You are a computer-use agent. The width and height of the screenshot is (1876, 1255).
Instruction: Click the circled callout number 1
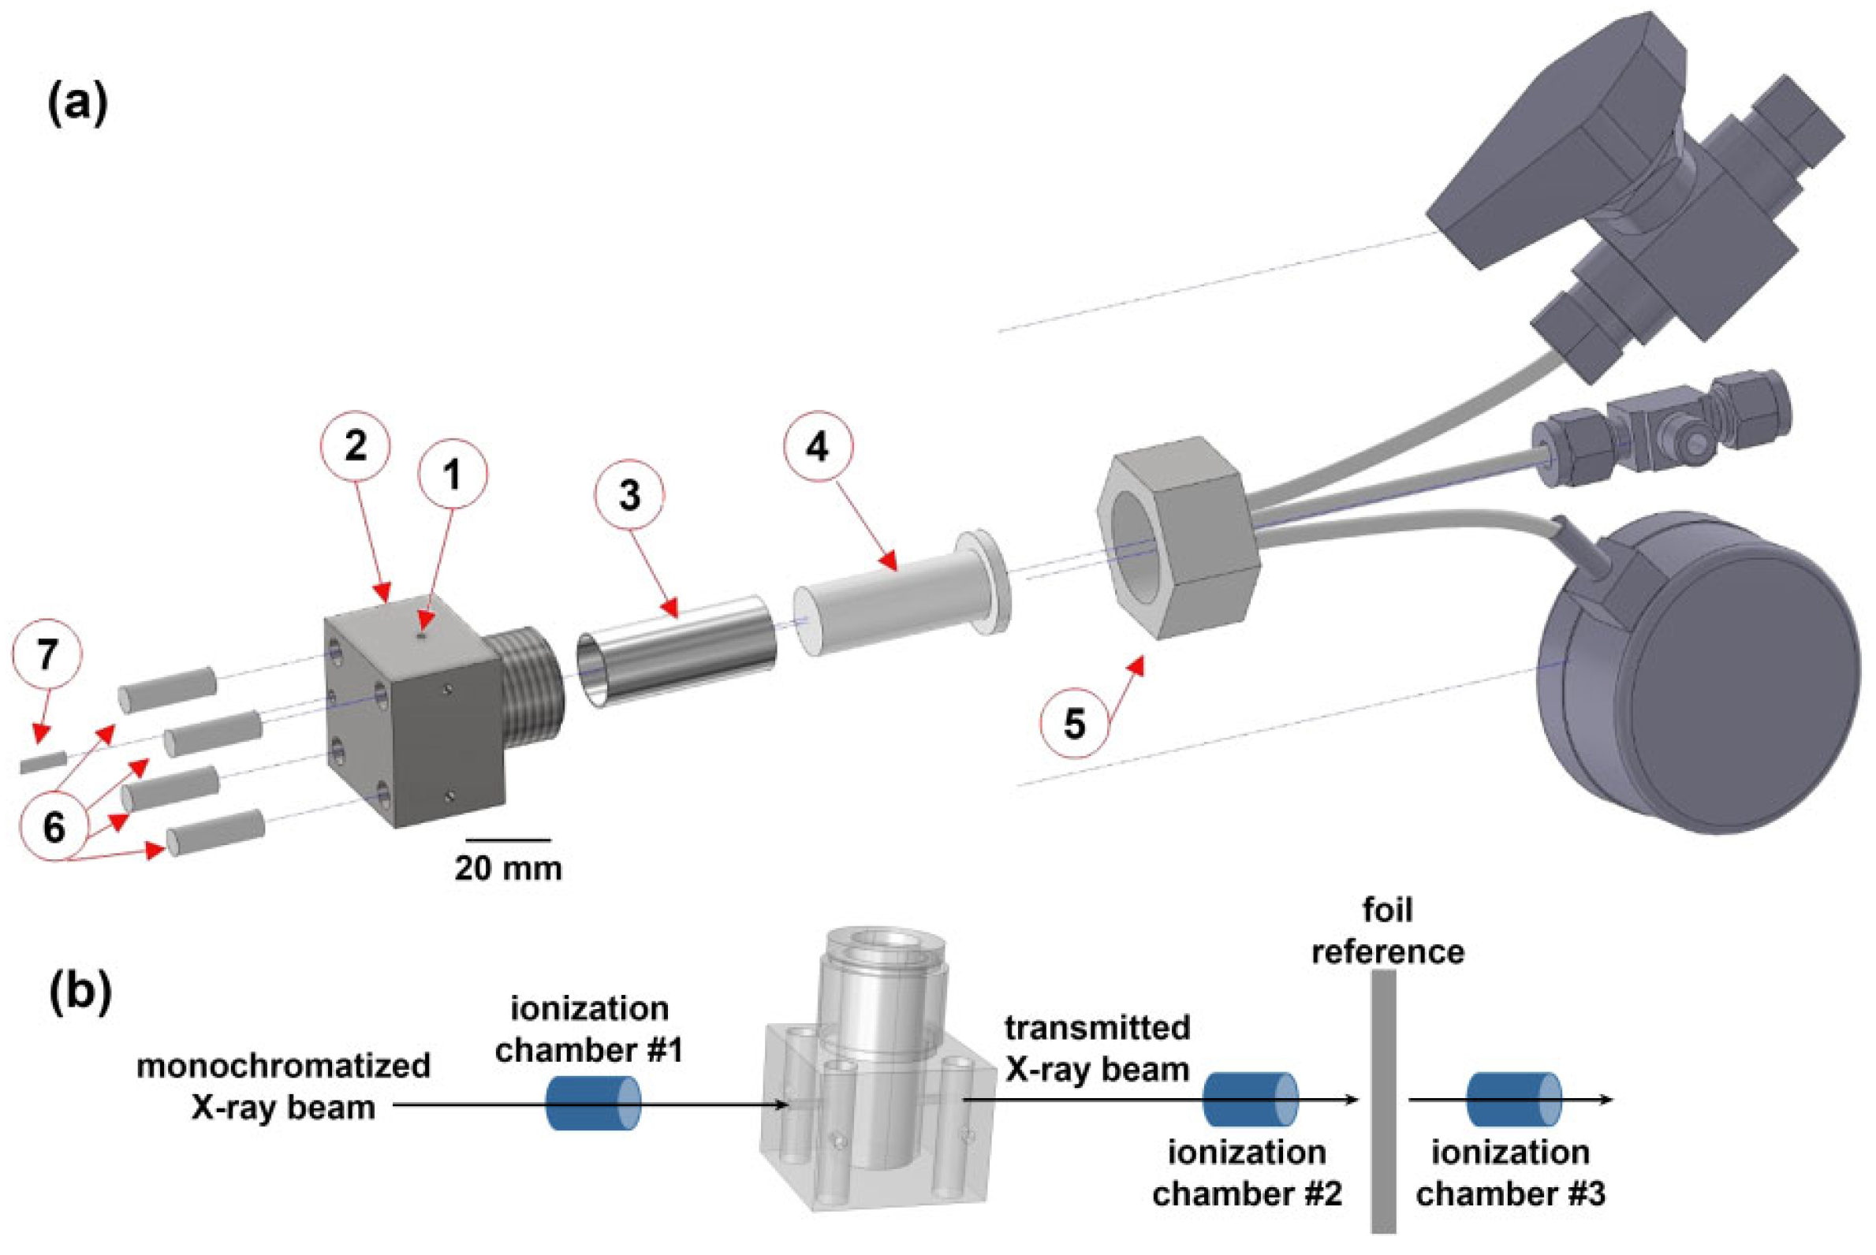[x=453, y=476]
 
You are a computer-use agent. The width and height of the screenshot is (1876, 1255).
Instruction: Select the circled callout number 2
[x=356, y=446]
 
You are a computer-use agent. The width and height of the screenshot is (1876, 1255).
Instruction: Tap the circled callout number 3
[x=630, y=496]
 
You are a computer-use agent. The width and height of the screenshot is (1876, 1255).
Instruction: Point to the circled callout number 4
[x=817, y=449]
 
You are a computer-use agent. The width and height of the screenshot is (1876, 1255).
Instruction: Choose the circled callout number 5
[x=1074, y=724]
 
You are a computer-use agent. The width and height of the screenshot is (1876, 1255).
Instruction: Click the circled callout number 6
[x=54, y=829]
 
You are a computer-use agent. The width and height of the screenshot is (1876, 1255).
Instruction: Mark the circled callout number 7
[x=47, y=655]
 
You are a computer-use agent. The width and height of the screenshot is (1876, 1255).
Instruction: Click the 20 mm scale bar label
[x=509, y=869]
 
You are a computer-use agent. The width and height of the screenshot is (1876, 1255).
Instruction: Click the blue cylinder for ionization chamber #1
[x=593, y=1102]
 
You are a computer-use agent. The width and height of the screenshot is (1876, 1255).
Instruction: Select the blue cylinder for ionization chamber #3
[x=1513, y=1100]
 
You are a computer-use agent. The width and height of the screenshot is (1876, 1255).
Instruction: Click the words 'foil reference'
[x=1387, y=933]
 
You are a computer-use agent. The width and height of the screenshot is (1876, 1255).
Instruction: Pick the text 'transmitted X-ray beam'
[x=1097, y=1048]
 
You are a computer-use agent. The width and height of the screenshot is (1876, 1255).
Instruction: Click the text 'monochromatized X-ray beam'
[x=283, y=1087]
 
